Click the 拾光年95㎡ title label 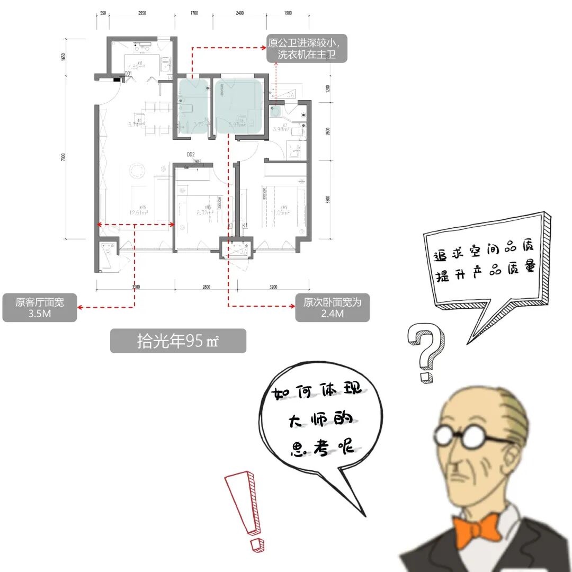coord(178,341)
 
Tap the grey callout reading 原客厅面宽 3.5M coord(40,308)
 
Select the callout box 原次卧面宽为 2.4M coord(332,308)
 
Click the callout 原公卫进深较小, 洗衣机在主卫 coord(307,48)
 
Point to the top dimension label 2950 coord(142,14)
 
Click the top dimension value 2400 coord(240,14)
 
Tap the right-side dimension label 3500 coord(328,200)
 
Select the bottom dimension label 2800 coord(206,287)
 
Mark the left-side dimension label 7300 coord(64,157)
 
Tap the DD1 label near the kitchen coord(128,74)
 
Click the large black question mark coord(426,352)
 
